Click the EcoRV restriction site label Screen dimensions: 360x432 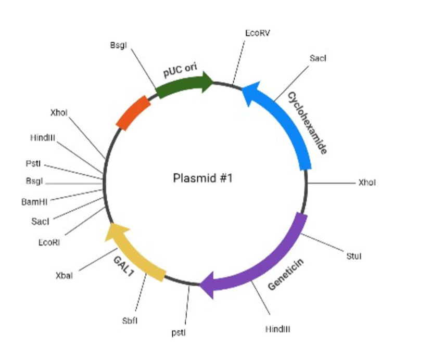[x=258, y=33]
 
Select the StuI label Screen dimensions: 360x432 [x=353, y=256]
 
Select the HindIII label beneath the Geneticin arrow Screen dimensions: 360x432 [x=277, y=329]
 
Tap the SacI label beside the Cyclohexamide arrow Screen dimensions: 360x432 [x=317, y=58]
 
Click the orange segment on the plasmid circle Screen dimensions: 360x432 [x=134, y=112]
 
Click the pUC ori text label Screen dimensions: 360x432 [x=178, y=71]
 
